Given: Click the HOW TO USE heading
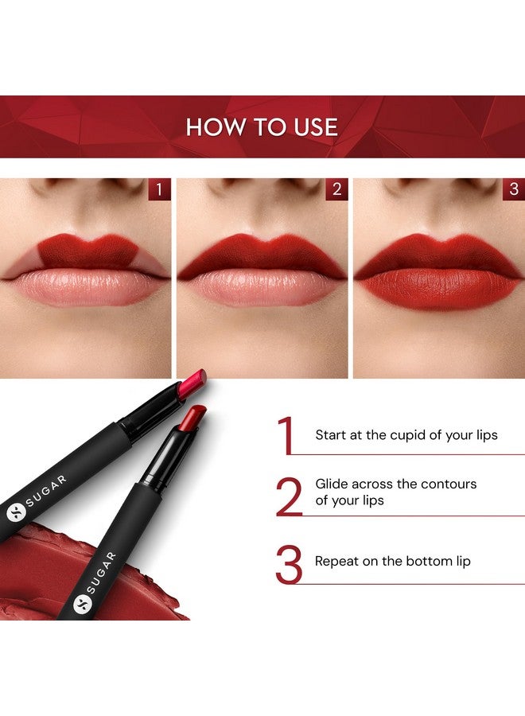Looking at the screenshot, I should click(262, 127).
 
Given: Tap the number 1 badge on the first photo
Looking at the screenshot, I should click(159, 189).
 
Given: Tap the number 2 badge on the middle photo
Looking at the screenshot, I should click(336, 189).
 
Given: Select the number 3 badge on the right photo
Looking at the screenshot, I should click(513, 189).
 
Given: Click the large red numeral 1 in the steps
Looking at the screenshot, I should click(286, 435).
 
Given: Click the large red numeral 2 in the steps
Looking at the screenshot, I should click(289, 496).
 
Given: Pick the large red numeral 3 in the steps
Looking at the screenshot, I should click(289, 564).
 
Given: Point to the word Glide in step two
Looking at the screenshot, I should click(331, 484).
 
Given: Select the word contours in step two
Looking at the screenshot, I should click(449, 484).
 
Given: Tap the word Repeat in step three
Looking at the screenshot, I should click(336, 561).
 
